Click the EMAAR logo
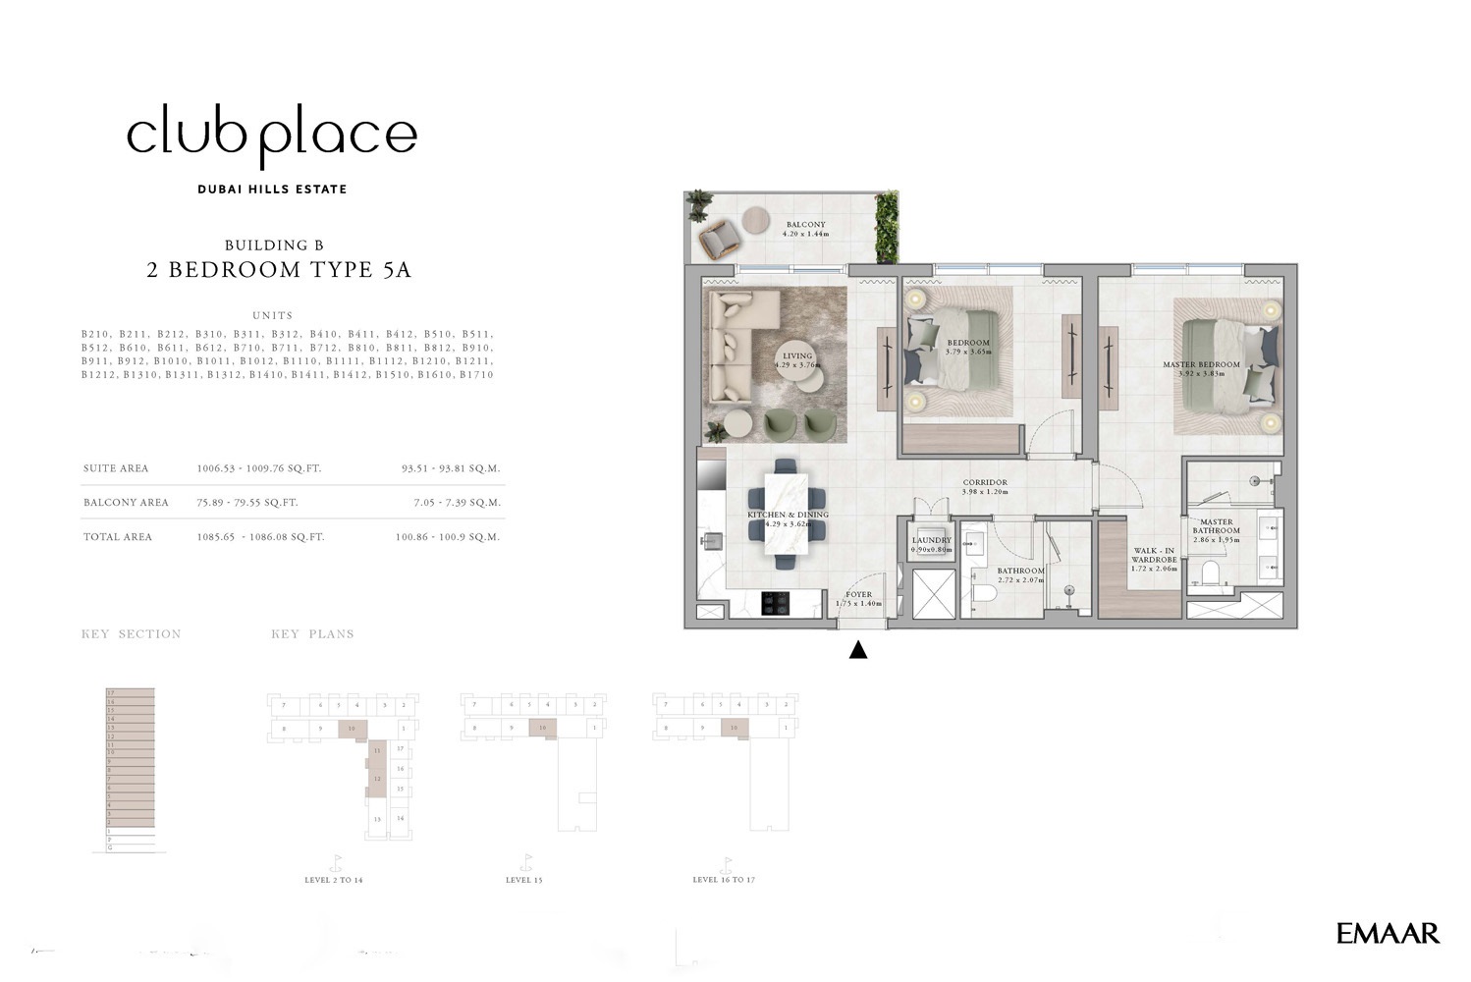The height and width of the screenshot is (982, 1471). tap(1388, 933)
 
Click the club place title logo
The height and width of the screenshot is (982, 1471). tap(272, 136)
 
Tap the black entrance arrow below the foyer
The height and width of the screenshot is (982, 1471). tap(858, 649)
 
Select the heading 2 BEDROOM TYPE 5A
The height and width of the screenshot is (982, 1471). tap(279, 270)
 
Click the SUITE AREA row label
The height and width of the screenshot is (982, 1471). tap(116, 468)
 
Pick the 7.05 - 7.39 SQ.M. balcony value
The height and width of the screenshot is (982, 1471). tap(457, 503)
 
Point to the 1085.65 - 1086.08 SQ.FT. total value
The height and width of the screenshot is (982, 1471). tap(260, 537)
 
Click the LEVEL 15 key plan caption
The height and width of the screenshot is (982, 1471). tap(523, 880)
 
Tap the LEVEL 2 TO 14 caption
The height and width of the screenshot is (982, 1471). tap(333, 880)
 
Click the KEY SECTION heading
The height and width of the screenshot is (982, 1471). tap(131, 634)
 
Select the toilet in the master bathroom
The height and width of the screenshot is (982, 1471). tap(1209, 573)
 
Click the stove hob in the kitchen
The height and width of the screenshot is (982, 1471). tap(776, 603)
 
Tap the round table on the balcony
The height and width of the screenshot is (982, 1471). tap(757, 219)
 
